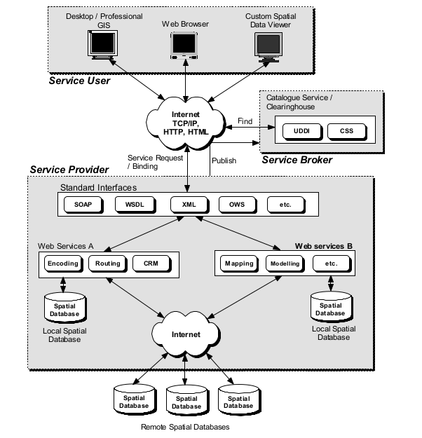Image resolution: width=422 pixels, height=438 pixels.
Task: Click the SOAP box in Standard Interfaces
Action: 83,205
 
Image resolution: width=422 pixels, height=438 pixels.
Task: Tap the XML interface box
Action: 187,205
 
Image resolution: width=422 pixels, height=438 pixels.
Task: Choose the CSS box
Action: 346,130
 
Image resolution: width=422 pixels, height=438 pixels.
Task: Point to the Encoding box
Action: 62,264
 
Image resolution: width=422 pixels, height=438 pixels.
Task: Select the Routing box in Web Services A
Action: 107,264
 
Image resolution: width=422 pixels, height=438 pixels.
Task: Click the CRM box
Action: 151,264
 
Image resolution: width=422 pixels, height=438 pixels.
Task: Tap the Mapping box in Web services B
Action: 238,264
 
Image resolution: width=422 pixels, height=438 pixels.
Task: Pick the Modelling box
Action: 283,264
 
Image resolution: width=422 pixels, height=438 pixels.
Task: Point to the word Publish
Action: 224,160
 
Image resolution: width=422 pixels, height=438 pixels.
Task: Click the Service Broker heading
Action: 297,160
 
